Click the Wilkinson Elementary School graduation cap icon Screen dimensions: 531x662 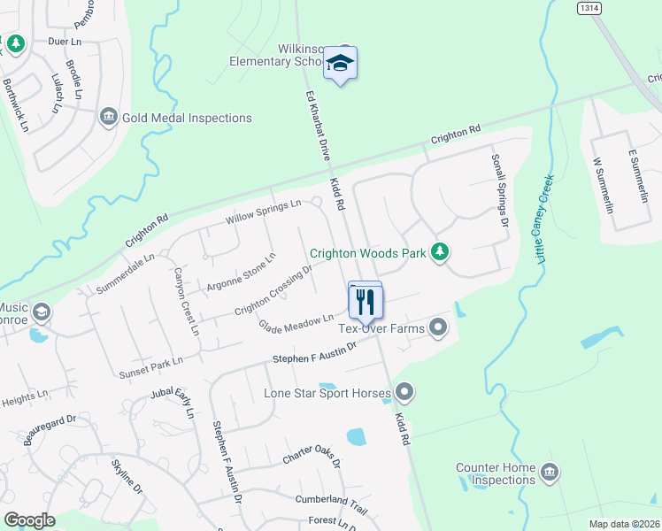pyautogui.click(x=340, y=63)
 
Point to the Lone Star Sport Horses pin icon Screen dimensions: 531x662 pyautogui.click(x=404, y=390)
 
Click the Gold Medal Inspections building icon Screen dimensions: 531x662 pyautogui.click(x=109, y=117)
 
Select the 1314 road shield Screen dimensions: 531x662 pyautogui.click(x=589, y=7)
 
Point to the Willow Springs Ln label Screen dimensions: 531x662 pyautogui.click(x=264, y=211)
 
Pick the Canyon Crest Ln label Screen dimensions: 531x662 pyautogui.click(x=185, y=302)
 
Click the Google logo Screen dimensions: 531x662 pyautogui.click(x=29, y=520)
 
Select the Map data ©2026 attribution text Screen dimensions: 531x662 pyautogui.click(x=624, y=524)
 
